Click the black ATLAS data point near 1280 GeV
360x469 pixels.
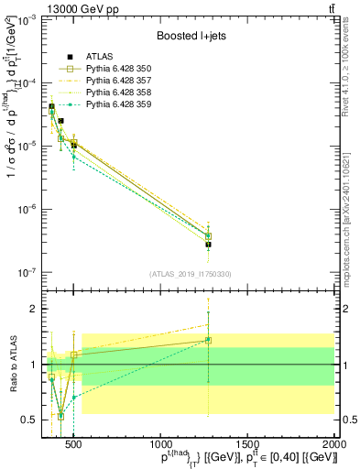pyautogui.click(x=209, y=245)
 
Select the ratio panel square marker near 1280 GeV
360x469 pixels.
pyautogui.click(x=209, y=340)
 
